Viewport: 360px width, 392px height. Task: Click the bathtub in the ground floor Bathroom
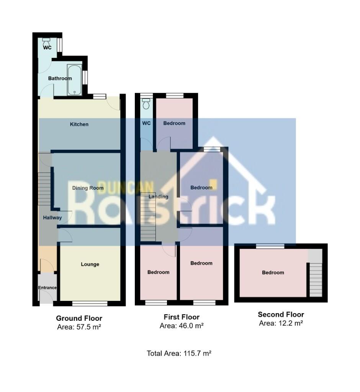pyautogui.click(x=74, y=79)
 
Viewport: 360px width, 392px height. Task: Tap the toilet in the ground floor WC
pyautogui.click(x=46, y=40)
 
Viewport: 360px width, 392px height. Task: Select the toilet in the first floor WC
pyautogui.click(x=146, y=103)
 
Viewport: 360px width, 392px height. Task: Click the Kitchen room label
pyautogui.click(x=79, y=124)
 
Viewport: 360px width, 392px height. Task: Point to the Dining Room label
pyautogui.click(x=88, y=188)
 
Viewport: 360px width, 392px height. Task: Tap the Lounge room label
pyautogui.click(x=90, y=264)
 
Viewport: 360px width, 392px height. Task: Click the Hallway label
pyautogui.click(x=52, y=217)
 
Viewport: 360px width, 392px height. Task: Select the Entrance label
pyautogui.click(x=47, y=287)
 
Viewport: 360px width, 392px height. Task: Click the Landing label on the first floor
pyautogui.click(x=159, y=197)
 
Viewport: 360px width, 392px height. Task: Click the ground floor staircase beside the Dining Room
pyautogui.click(x=45, y=188)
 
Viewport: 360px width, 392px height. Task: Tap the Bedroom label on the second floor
pyautogui.click(x=273, y=273)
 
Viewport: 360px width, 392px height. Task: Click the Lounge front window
pyautogui.click(x=90, y=304)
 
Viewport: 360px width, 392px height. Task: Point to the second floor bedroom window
pyautogui.click(x=270, y=246)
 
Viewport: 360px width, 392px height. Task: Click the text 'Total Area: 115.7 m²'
pyautogui.click(x=179, y=353)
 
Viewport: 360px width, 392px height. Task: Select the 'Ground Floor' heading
pyautogui.click(x=79, y=318)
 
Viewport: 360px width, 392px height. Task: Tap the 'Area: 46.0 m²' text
pyautogui.click(x=181, y=326)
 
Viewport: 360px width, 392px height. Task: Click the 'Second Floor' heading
pyautogui.click(x=281, y=315)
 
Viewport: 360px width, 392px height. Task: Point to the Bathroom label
pyautogui.click(x=60, y=78)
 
